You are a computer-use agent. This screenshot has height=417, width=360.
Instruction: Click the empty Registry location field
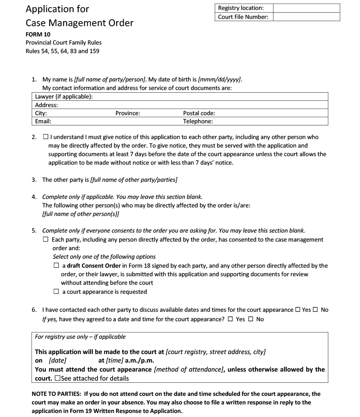[x=306, y=8]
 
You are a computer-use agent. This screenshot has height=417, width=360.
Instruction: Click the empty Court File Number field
[x=306, y=17]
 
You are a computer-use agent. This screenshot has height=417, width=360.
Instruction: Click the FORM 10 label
[x=37, y=34]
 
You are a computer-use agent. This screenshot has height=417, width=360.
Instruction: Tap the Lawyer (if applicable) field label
[x=63, y=97]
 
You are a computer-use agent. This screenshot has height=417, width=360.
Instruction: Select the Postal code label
[x=199, y=113]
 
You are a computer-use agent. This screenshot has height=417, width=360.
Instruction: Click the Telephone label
[x=198, y=121]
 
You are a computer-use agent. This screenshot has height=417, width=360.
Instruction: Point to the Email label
[x=43, y=121]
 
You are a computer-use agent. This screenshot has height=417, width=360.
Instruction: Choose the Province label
[x=128, y=113]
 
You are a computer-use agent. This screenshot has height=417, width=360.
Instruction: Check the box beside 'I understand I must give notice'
[x=46, y=137]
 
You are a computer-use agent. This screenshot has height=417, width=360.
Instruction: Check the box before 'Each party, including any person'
[x=46, y=240]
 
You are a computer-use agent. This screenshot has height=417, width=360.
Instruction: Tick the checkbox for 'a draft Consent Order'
[x=56, y=266]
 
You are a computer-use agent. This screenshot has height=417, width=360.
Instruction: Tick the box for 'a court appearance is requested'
[x=56, y=291]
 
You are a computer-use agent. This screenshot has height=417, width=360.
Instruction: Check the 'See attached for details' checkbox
[x=57, y=378]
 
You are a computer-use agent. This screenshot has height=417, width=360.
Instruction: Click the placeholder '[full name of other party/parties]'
[x=134, y=180]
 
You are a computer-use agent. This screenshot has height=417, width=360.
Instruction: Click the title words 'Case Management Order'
[x=80, y=23]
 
